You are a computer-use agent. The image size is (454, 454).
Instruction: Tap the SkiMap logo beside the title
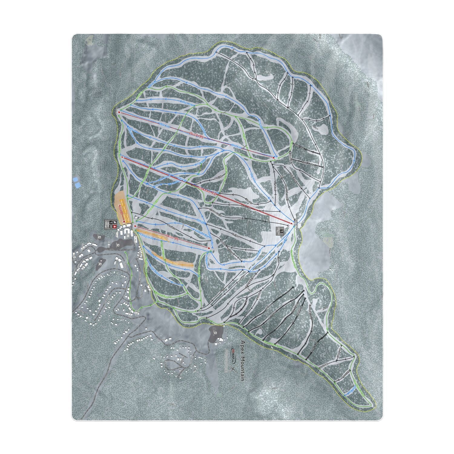(232, 351)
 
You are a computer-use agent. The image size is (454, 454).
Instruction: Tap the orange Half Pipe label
(163, 238)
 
